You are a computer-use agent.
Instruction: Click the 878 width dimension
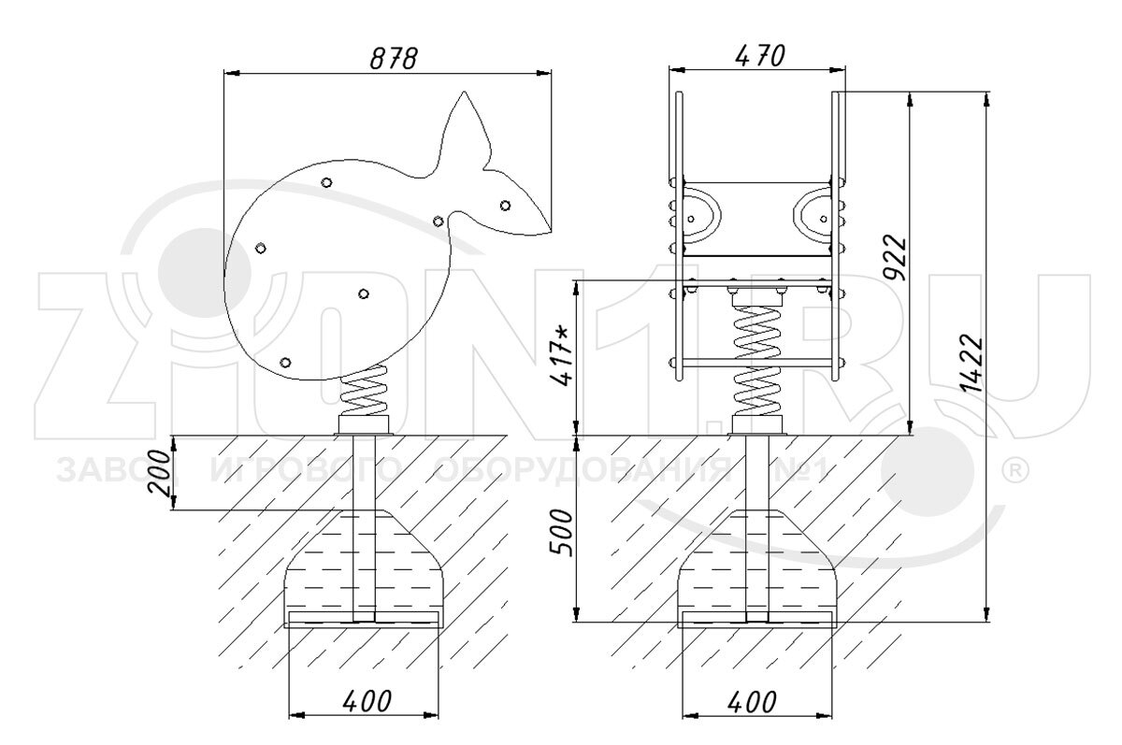[391, 57]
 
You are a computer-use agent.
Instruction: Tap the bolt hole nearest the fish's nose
[505, 205]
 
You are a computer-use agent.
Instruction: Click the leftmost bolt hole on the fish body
[261, 247]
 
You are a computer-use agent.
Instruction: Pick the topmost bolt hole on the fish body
[325, 182]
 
